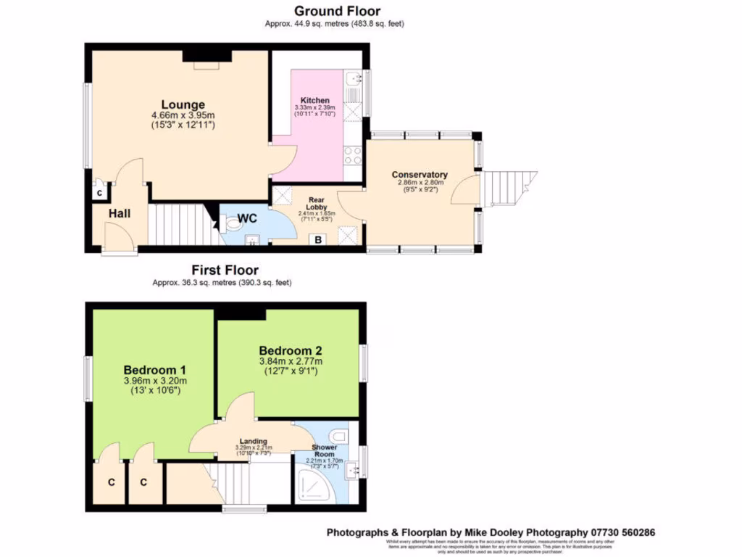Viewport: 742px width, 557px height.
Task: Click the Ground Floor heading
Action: (x=337, y=11)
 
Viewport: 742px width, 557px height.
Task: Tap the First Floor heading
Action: (x=225, y=271)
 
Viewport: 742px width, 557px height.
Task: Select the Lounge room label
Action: (x=183, y=104)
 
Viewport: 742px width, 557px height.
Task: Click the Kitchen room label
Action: (x=315, y=100)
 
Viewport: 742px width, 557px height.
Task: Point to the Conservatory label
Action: (x=420, y=175)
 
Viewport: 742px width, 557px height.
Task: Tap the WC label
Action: (x=247, y=217)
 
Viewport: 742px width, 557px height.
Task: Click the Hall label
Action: (x=120, y=213)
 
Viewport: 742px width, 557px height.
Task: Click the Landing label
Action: (x=253, y=441)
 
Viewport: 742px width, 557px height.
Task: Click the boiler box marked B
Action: (x=317, y=240)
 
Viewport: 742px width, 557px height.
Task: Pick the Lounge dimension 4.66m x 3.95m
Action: (x=183, y=115)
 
